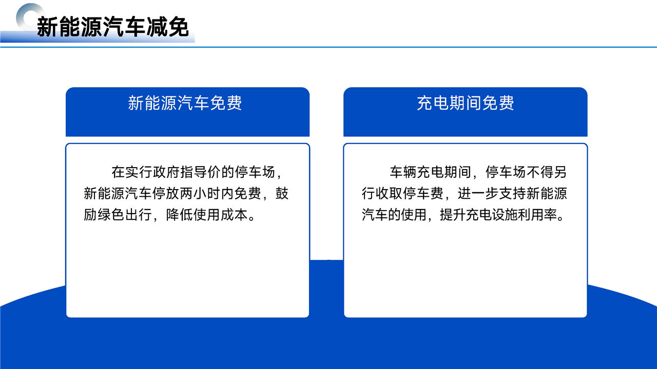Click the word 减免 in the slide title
click(x=167, y=27)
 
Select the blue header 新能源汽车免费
click(x=185, y=103)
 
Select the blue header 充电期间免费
click(x=465, y=103)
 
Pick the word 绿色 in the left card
click(x=111, y=215)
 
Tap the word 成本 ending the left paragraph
click(x=234, y=215)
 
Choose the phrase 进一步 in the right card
click(x=478, y=194)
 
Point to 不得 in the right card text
click(x=540, y=172)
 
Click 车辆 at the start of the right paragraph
click(x=403, y=172)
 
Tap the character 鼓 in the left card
click(x=282, y=194)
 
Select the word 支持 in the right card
click(x=512, y=194)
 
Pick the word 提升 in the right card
click(x=453, y=215)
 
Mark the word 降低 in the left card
click(x=180, y=215)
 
